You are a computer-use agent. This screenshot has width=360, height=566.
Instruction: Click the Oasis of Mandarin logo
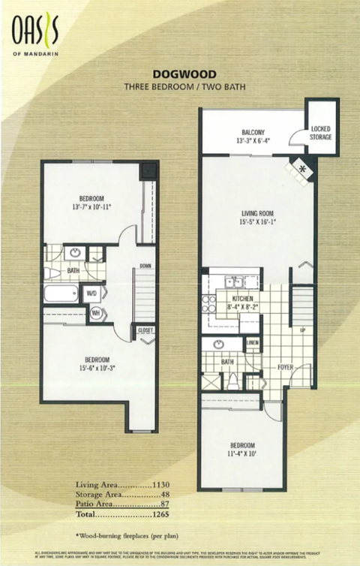34,34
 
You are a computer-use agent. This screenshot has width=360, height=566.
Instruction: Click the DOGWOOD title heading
184,74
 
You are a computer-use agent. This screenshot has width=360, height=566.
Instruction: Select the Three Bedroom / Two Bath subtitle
184,87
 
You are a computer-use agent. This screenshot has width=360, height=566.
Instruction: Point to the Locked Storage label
321,134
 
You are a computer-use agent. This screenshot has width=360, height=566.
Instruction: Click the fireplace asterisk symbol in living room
302,169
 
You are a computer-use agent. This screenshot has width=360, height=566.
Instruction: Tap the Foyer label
286,368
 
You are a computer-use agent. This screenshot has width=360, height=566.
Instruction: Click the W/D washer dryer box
91,293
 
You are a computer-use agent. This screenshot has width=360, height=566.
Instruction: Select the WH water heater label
95,313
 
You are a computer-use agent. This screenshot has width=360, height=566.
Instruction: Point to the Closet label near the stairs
145,330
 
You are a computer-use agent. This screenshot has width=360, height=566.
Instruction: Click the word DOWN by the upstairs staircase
145,265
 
